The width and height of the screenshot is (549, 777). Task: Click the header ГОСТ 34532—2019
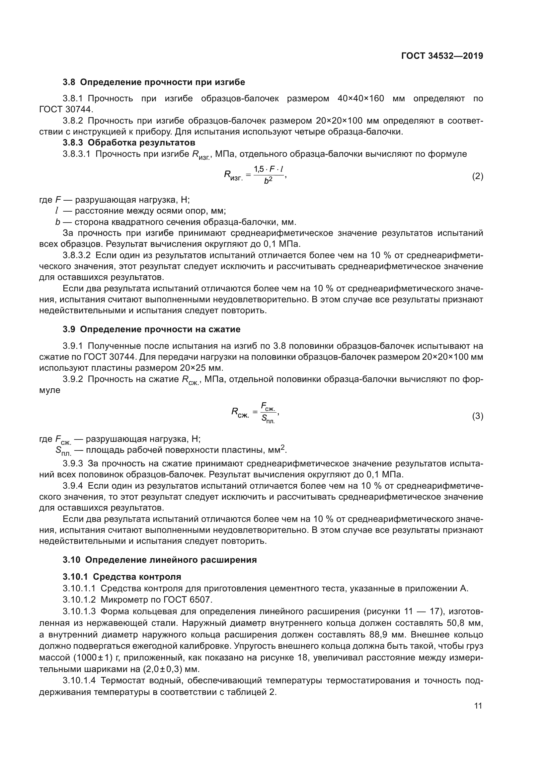coord(442,56)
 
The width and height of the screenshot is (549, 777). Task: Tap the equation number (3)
coord(477,416)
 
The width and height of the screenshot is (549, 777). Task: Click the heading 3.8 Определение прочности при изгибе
coord(154,82)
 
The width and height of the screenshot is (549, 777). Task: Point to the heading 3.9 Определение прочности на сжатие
coord(151,329)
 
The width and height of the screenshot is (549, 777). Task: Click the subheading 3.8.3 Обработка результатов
coord(129,143)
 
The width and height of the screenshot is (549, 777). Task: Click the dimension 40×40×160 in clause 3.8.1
coord(361,98)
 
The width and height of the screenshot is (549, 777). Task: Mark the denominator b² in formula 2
coord(268,181)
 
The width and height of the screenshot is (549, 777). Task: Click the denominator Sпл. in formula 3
coord(268,420)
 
